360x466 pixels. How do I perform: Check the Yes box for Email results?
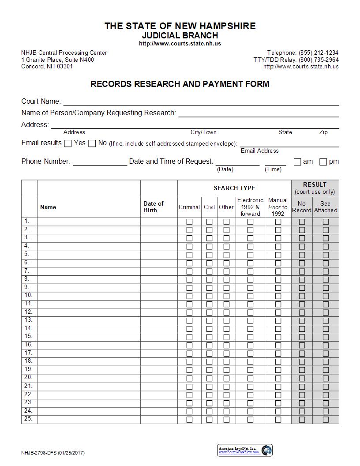pos(68,143)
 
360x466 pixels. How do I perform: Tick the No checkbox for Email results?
pos(92,143)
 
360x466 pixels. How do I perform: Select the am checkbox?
pos(297,162)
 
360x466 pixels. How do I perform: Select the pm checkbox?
pos(323,162)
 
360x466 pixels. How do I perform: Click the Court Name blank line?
pos(201,102)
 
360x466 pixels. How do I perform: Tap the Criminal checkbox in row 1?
pos(189,222)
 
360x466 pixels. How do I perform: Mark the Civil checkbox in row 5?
pos(209,255)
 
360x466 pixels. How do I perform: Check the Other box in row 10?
pos(226,296)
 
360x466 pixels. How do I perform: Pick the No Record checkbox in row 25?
pos(302,419)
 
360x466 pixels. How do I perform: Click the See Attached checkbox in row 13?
pos(326,320)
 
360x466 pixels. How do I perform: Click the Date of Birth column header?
pos(154,207)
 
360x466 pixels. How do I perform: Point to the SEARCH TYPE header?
pos(234,188)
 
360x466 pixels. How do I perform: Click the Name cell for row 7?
pos(89,271)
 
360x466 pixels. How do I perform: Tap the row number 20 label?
pos(28,377)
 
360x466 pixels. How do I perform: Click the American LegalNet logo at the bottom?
pos(245,450)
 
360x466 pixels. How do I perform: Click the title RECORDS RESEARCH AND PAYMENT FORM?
pos(180,84)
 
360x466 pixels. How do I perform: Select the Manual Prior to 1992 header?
pos(278,207)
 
